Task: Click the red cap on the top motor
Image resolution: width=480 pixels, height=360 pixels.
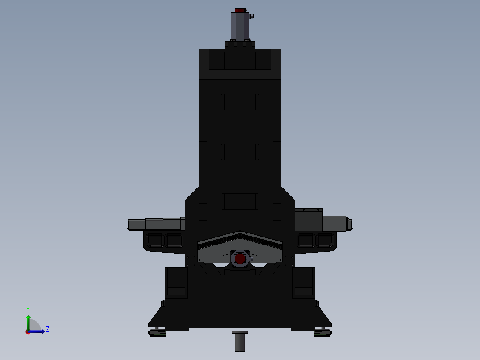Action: (240, 10)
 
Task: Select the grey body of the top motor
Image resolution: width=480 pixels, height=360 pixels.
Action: (240, 26)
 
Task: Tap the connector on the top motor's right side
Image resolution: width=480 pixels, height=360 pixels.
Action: (252, 17)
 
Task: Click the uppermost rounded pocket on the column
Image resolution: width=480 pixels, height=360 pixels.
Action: (240, 102)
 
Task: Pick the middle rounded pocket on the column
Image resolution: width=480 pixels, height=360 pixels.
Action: (240, 151)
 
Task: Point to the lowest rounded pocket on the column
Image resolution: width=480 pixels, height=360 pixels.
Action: (240, 201)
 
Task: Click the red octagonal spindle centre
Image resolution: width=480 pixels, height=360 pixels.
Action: (240, 258)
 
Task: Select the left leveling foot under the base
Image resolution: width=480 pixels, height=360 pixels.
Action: (158, 332)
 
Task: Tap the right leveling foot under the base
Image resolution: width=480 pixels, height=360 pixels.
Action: (322, 332)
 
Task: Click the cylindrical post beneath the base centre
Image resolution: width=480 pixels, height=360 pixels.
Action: (240, 342)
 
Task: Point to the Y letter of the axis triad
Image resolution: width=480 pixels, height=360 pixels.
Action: (28, 310)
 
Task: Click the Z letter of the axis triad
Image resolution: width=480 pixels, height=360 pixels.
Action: (48, 329)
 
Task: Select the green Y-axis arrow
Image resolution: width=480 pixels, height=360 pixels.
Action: (28, 322)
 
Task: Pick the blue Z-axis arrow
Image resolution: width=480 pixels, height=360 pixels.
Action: (38, 331)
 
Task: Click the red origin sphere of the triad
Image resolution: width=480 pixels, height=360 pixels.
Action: (28, 332)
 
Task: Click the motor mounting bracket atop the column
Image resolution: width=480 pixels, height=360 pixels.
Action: (240, 45)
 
